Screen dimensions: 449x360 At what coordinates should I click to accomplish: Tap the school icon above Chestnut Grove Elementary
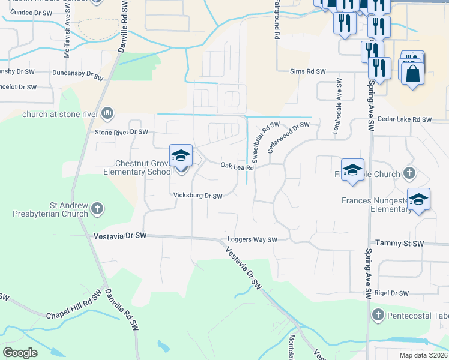(x=181, y=155)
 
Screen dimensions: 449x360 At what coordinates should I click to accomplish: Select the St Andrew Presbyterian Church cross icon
(x=97, y=209)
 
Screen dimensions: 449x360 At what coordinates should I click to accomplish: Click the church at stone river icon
(x=108, y=113)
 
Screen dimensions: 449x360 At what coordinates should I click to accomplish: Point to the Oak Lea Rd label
(x=237, y=166)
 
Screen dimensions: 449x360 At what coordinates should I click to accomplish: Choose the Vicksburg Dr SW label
(x=197, y=196)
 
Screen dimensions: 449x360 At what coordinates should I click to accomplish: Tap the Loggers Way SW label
(x=252, y=240)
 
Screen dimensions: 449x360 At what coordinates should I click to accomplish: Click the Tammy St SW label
(x=399, y=243)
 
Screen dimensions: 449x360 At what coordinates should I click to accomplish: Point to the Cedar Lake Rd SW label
(x=405, y=120)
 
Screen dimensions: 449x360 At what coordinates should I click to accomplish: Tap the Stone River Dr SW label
(x=121, y=131)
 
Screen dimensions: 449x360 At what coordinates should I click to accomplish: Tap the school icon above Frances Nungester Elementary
(x=418, y=199)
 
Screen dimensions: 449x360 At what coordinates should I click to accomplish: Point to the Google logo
(x=20, y=353)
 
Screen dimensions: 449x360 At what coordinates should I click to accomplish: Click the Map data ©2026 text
(x=422, y=355)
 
